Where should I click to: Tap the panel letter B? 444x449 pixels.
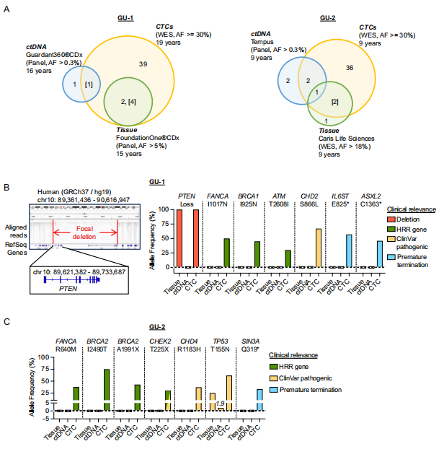pyautogui.click(x=6, y=188)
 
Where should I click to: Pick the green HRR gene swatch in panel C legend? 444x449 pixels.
pyautogui.click(x=274, y=367)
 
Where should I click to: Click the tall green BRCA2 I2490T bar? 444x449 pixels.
pyautogui.click(x=107, y=389)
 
